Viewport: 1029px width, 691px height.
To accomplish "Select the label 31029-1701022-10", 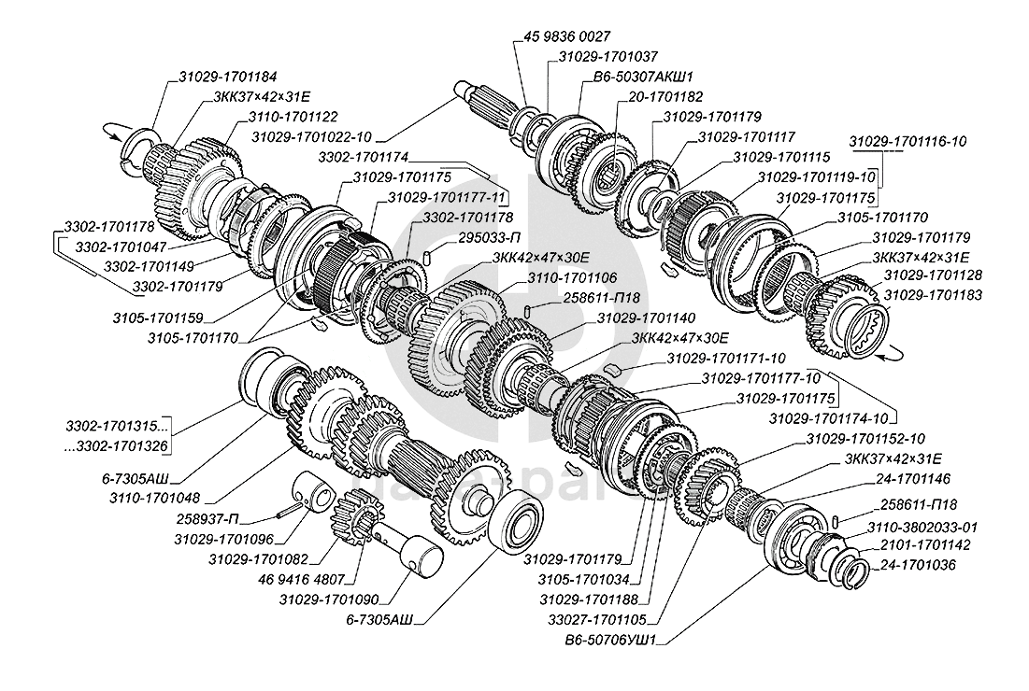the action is click(312, 137).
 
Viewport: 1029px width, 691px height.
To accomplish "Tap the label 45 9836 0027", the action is click(567, 36).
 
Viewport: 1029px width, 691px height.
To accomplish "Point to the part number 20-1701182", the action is click(665, 96).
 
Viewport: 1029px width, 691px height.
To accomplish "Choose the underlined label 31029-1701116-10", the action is click(908, 141).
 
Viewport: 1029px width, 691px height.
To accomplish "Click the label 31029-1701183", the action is click(933, 295).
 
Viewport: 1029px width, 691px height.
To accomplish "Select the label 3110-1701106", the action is click(572, 278).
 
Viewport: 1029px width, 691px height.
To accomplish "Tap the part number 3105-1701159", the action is click(158, 319).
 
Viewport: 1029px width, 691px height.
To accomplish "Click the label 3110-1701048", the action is click(154, 499).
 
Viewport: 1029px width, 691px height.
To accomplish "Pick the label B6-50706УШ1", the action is click(615, 641).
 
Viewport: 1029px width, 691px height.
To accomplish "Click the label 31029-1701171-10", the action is click(726, 360).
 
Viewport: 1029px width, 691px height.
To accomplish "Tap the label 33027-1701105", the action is click(598, 619).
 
